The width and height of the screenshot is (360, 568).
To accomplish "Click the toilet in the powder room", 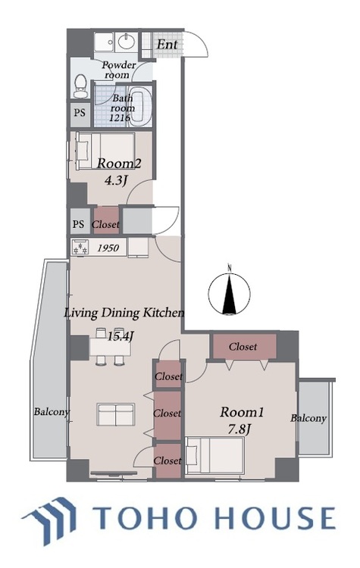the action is click(x=80, y=86).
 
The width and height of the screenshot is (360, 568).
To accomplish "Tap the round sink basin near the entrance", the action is click(x=127, y=42).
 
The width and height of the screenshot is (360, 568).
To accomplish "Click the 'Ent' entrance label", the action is click(x=167, y=45).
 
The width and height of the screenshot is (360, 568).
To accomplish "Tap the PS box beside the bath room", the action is click(x=80, y=114).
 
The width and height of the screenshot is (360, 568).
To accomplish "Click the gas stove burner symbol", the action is click(x=81, y=248).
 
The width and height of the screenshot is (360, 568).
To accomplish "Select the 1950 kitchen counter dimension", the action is click(x=108, y=248).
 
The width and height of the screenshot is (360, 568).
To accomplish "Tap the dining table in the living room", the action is click(x=110, y=346).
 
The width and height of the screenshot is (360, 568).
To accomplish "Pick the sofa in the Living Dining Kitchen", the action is click(x=116, y=414).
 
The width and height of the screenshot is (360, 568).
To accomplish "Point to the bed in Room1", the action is click(x=214, y=455).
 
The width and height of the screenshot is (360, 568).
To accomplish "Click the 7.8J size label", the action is click(x=239, y=429).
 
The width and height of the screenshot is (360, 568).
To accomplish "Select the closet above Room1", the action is click(x=244, y=347).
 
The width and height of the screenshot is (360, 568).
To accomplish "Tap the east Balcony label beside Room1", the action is click(x=308, y=418).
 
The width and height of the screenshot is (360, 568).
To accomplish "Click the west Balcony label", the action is click(x=52, y=412).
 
